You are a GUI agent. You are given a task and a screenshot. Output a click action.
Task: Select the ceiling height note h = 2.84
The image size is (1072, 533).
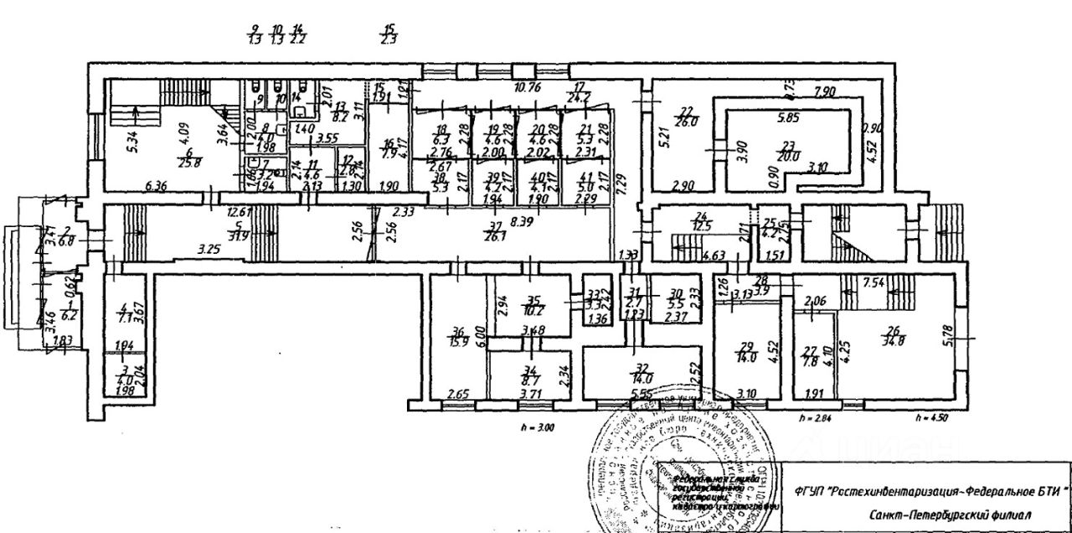coord(813,417)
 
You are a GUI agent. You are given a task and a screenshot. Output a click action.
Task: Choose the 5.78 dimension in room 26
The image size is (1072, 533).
coord(965,320)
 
